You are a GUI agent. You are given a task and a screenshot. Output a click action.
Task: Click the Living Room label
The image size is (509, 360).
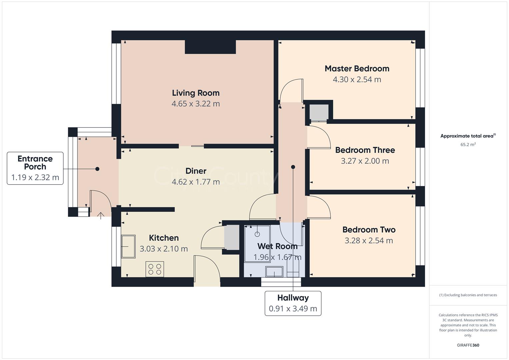click(x=196, y=93)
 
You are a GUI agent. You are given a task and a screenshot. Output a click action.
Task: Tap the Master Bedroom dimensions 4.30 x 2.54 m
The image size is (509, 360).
click(x=357, y=79)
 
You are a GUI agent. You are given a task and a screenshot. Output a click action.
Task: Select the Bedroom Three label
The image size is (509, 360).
click(x=365, y=150)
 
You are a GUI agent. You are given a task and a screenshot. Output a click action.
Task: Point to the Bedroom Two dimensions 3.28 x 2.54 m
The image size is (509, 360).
click(x=369, y=240)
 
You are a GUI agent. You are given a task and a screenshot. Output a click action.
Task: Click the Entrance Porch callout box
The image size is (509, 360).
click(x=35, y=168)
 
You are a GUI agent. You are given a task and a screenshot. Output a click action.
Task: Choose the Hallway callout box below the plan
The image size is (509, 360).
click(x=293, y=303)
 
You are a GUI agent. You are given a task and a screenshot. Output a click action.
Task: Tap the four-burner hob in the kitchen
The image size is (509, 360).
click(x=155, y=269)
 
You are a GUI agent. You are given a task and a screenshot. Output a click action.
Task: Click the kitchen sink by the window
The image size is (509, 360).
click(x=128, y=247)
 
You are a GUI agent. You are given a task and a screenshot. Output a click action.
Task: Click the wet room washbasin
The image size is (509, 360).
click(x=274, y=272)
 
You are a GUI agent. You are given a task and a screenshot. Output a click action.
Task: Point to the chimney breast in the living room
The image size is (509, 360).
click(x=210, y=47)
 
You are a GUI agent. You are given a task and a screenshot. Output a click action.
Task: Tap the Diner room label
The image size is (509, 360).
click(x=196, y=171)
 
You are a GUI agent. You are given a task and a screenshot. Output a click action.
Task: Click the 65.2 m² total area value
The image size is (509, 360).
click(x=468, y=145)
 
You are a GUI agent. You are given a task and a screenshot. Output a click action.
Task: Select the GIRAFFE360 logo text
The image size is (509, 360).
click(x=468, y=345)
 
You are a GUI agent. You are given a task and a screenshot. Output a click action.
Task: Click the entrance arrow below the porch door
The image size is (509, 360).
click(x=100, y=215)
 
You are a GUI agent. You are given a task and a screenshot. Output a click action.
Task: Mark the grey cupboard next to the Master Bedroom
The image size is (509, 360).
click(x=319, y=112)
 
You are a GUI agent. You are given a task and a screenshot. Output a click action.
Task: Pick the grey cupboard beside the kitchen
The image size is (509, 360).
click(x=231, y=237)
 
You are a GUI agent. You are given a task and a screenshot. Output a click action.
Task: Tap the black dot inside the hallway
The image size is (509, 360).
click(x=293, y=167)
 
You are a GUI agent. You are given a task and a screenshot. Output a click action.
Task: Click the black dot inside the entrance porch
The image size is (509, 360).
click(x=97, y=169)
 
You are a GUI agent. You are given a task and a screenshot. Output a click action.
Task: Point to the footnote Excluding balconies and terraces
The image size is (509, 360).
click(x=468, y=295)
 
